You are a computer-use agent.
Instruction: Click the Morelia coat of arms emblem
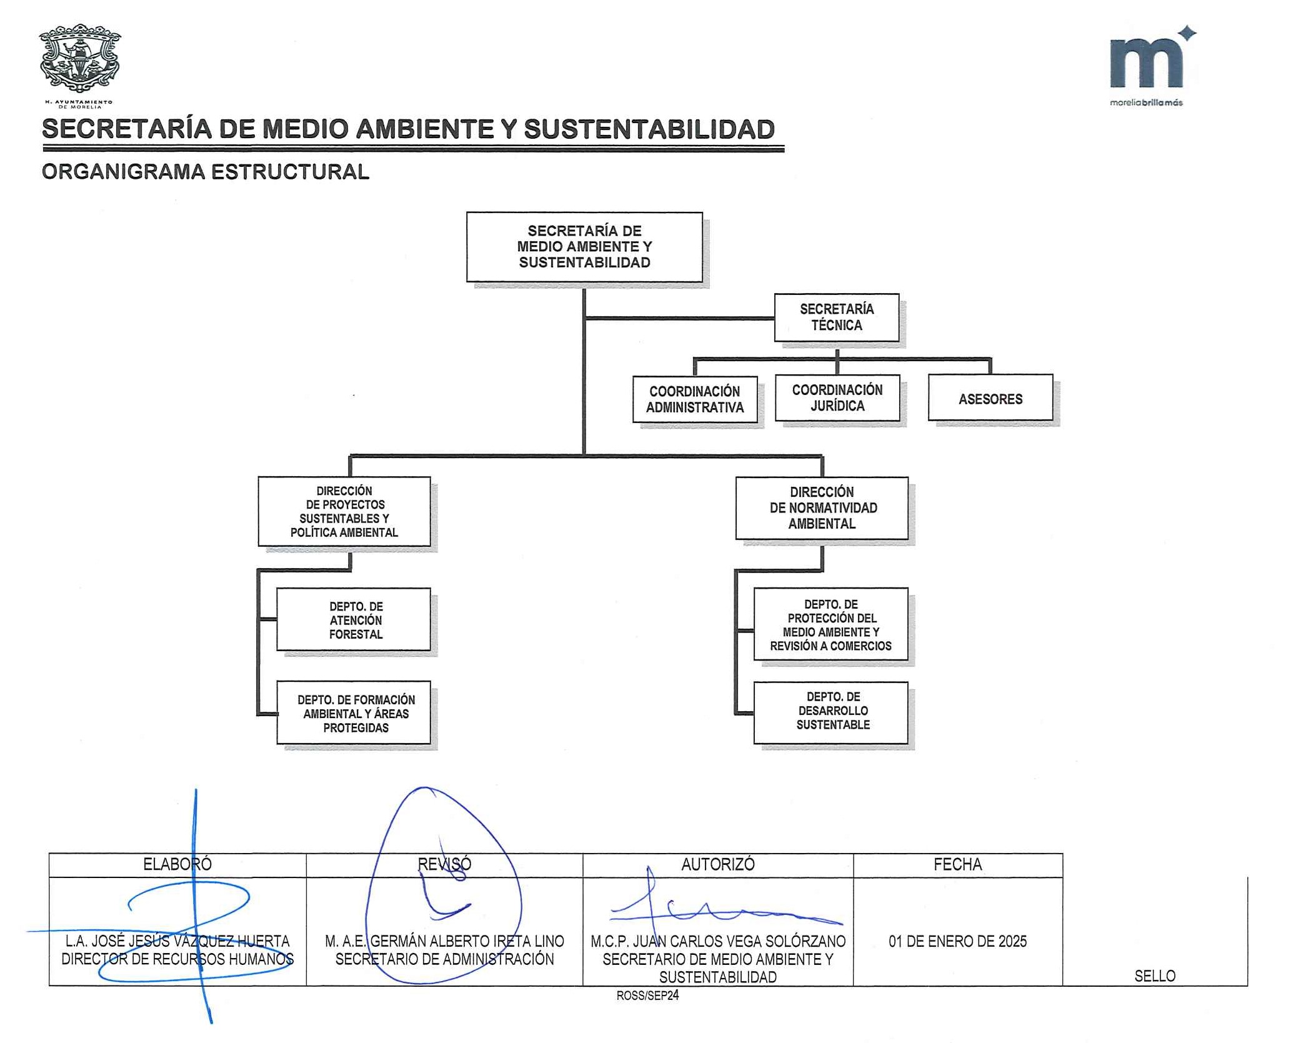(x=79, y=59)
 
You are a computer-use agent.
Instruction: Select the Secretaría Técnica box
(x=837, y=317)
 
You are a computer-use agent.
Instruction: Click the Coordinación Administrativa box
(x=695, y=399)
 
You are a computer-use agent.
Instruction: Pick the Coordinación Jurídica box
(x=837, y=398)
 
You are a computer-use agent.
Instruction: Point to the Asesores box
(x=990, y=397)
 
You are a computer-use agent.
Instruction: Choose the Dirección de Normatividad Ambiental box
(x=822, y=508)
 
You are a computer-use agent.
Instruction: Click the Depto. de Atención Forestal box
(x=354, y=619)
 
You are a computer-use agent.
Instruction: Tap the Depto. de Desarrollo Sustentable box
(x=830, y=712)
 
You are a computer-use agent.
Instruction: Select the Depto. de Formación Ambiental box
(x=354, y=712)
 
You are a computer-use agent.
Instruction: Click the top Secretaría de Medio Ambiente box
(x=584, y=247)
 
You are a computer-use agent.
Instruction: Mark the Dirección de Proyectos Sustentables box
(x=344, y=511)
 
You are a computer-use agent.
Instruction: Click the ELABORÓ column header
(x=177, y=864)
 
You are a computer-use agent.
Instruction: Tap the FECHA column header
(x=957, y=864)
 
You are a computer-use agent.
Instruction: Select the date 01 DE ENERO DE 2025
(x=957, y=941)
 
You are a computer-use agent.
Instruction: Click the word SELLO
(x=1155, y=976)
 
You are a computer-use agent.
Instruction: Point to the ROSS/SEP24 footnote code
(x=647, y=996)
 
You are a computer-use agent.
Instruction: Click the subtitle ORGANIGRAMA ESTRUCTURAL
(x=206, y=172)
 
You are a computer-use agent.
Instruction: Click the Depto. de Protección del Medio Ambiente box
(x=830, y=624)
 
